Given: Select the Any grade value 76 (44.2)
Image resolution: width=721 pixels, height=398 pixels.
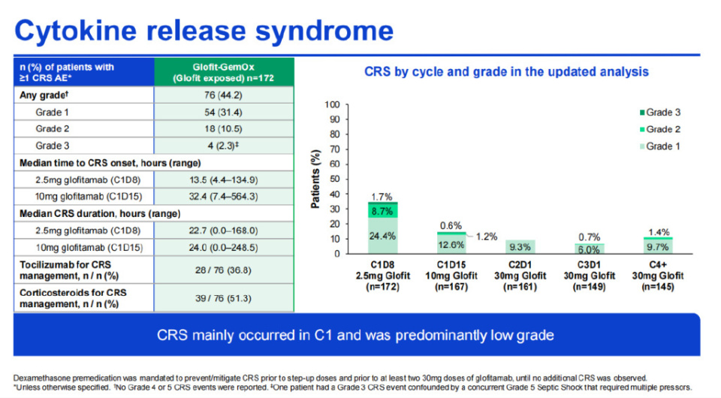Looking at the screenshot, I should pyautogui.click(x=224, y=95).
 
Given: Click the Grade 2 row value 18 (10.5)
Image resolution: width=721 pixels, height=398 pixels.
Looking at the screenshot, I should pyautogui.click(x=224, y=128).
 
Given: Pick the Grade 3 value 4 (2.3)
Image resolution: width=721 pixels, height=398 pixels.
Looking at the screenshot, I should pyautogui.click(x=224, y=145).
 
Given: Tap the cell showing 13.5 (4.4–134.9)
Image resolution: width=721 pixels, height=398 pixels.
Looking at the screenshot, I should pyautogui.click(x=224, y=179).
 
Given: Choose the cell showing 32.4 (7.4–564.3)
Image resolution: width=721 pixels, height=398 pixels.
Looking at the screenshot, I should pyautogui.click(x=224, y=196).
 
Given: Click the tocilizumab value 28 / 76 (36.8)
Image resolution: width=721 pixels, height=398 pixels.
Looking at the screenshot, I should pyautogui.click(x=224, y=269).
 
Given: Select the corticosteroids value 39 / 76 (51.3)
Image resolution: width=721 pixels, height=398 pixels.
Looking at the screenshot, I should pyautogui.click(x=224, y=297).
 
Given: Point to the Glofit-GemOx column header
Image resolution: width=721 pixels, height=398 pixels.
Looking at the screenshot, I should pyautogui.click(x=224, y=72).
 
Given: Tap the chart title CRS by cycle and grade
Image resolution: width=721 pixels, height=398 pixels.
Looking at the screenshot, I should pyautogui.click(x=506, y=72).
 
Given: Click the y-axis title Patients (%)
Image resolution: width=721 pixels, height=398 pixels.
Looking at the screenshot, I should pyautogui.click(x=316, y=179).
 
